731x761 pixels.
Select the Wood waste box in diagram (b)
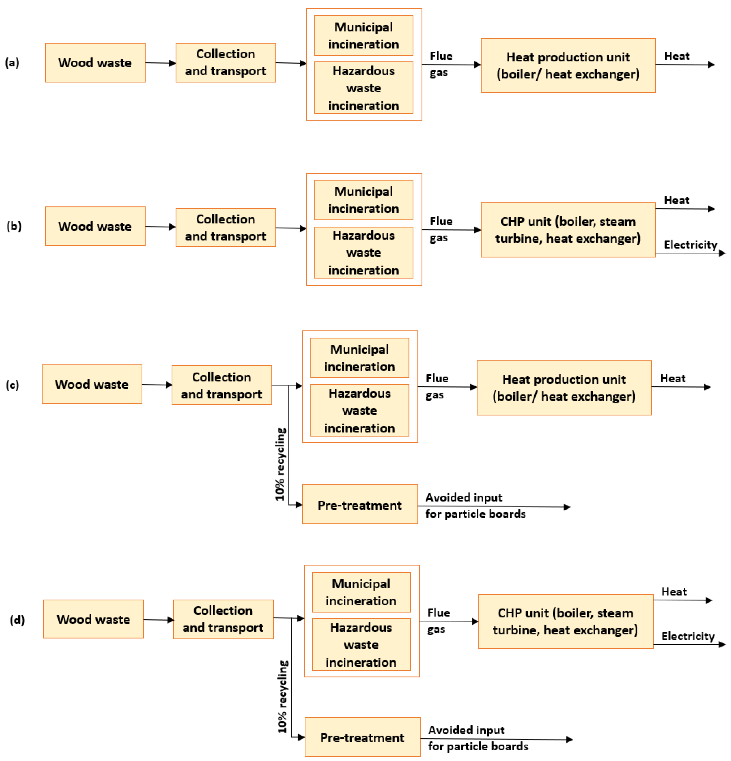pyautogui.click(x=95, y=226)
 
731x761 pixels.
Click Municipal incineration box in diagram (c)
pyautogui.click(x=359, y=358)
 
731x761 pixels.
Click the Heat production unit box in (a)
pyautogui.click(x=568, y=65)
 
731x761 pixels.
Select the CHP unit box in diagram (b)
pyautogui.click(x=568, y=230)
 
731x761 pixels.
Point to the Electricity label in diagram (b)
pyautogui.click(x=690, y=245)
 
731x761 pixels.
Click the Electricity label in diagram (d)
pyautogui.click(x=687, y=636)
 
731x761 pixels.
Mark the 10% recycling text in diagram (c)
pyautogui.click(x=280, y=464)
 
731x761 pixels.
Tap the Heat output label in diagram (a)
pyautogui.click(x=677, y=56)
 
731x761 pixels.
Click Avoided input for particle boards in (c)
pyautogui.click(x=475, y=505)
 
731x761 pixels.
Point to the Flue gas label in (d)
pyautogui.click(x=438, y=620)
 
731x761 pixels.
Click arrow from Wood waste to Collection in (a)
pyautogui.click(x=160, y=63)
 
